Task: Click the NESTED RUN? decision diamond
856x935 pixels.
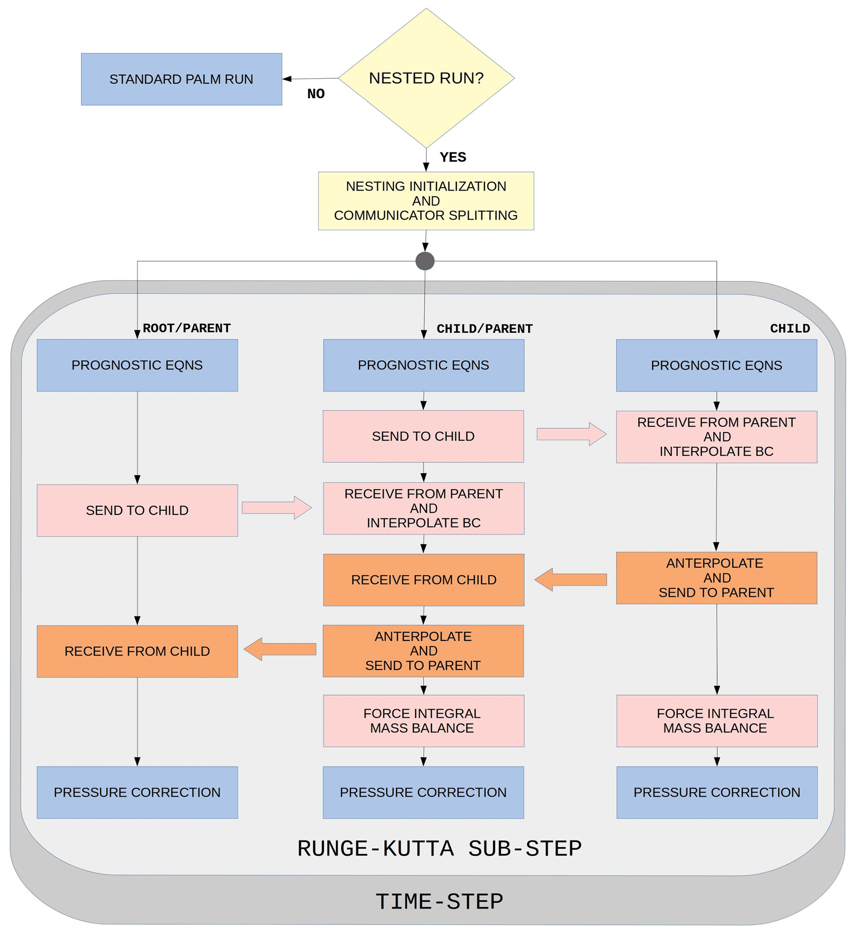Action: (426, 78)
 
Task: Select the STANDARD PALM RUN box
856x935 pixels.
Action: (181, 79)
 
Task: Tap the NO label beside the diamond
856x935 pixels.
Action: (316, 94)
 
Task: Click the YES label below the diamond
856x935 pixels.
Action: (453, 157)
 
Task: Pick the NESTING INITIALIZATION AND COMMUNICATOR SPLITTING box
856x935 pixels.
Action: (426, 201)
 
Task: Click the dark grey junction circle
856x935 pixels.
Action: (425, 261)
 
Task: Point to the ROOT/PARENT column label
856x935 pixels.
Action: (186, 329)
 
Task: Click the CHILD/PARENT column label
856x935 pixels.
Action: (485, 329)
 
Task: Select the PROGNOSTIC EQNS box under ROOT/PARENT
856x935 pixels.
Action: (137, 365)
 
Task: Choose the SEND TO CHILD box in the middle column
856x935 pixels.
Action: (423, 436)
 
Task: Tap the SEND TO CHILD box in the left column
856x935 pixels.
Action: (137, 511)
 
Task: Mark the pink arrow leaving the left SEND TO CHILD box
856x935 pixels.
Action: (276, 508)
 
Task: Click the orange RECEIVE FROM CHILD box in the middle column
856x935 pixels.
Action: (424, 580)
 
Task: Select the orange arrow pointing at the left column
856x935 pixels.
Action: (280, 649)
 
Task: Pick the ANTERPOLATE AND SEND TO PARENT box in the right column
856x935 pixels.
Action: (716, 578)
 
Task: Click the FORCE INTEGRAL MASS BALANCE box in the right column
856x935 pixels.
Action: (716, 721)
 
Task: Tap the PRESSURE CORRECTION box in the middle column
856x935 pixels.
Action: (423, 792)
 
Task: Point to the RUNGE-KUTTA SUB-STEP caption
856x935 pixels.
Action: (439, 849)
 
